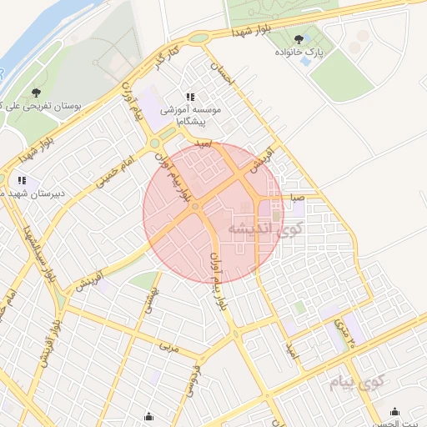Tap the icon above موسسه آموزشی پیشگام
click(190, 98)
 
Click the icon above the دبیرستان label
click(22, 179)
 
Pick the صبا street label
click(298, 198)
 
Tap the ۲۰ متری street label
click(344, 331)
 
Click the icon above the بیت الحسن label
click(394, 411)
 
